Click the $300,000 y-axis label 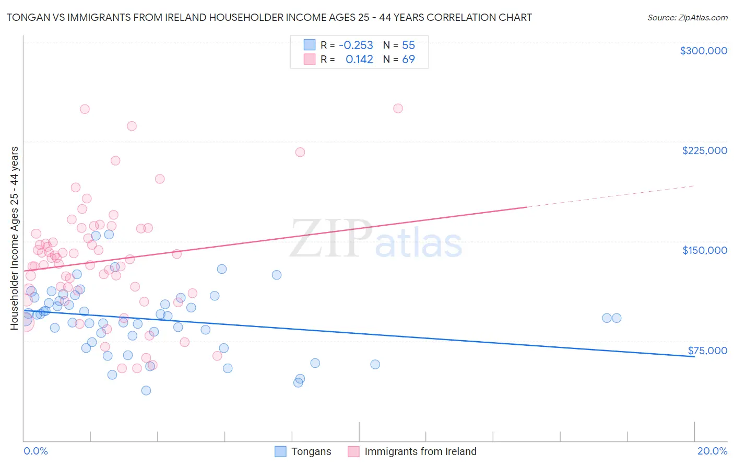click(703, 51)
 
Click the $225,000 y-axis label click(704, 150)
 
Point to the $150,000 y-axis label click(704, 250)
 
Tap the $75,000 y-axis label click(707, 351)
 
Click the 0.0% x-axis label click(35, 451)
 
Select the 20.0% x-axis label click(712, 451)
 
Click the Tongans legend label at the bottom click(311, 451)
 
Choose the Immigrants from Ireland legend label click(420, 451)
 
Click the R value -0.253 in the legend click(356, 45)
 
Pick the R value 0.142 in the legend click(359, 60)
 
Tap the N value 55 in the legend click(408, 45)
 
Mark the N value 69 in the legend click(408, 60)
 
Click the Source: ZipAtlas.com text click(687, 17)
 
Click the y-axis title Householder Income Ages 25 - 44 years click(14, 238)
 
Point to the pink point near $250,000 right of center click(398, 109)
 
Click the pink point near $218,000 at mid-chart click(300, 152)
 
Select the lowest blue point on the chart click(146, 390)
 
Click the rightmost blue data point click(617, 318)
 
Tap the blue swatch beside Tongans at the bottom click(280, 451)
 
